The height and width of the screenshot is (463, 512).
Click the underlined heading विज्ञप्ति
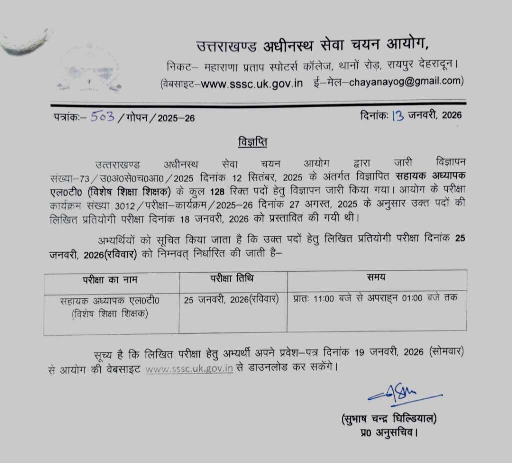click(x=252, y=143)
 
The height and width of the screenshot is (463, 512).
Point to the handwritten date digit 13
click(x=398, y=116)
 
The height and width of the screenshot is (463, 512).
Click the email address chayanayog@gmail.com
click(x=401, y=81)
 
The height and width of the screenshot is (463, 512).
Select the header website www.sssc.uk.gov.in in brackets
click(x=252, y=82)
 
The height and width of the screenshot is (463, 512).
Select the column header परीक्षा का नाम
click(x=111, y=279)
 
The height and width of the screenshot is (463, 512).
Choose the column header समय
click(x=376, y=278)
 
